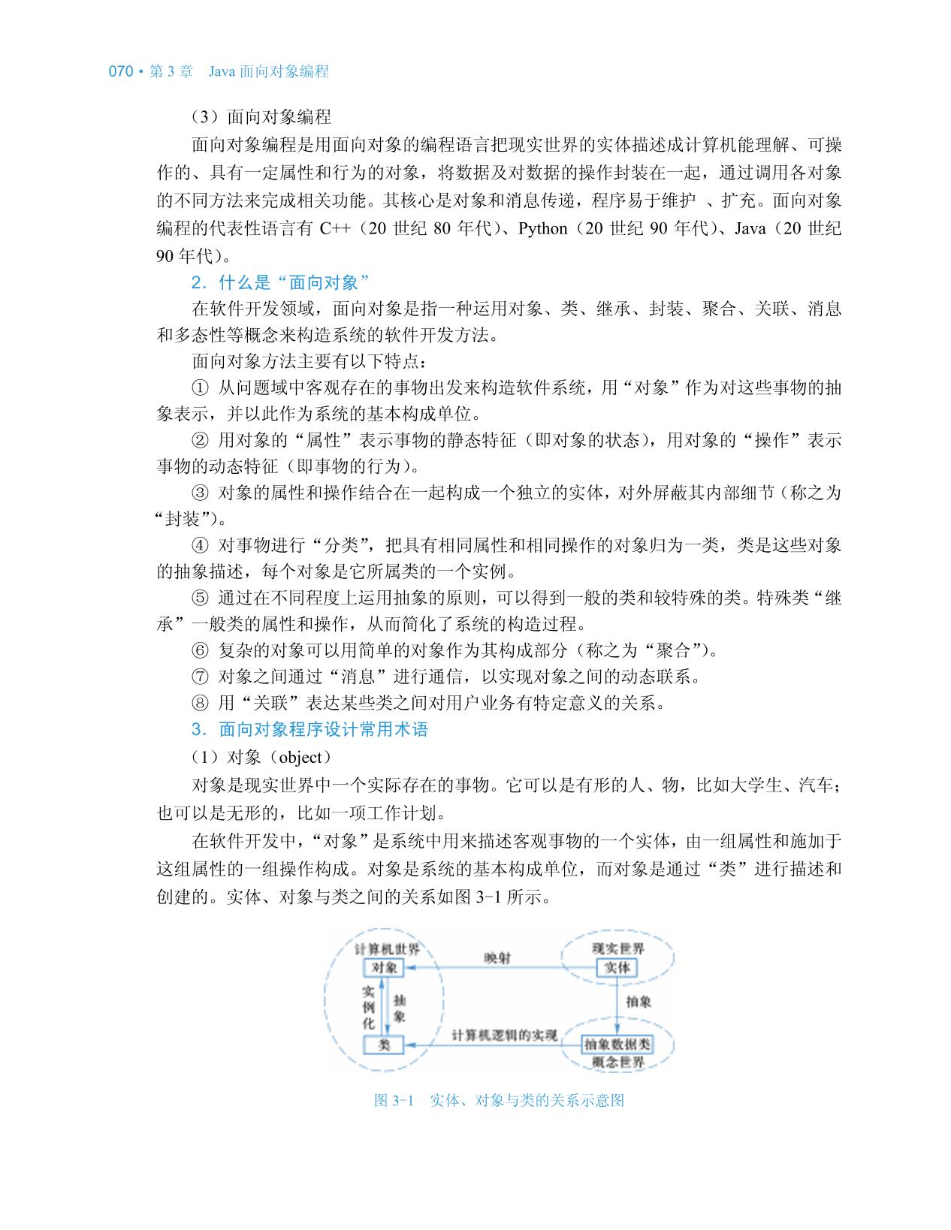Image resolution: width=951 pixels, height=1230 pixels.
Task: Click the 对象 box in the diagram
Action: pyautogui.click(x=383, y=967)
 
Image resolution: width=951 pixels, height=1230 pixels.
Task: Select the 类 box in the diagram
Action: pyautogui.click(x=384, y=1044)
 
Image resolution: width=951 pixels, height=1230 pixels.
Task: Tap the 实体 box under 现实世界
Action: pyautogui.click(x=617, y=967)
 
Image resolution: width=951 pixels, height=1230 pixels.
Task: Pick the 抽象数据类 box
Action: pyautogui.click(x=617, y=1044)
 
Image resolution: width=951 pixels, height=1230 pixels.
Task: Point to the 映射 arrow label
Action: pyautogui.click(x=497, y=958)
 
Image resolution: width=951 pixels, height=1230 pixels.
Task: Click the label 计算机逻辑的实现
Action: pyautogui.click(x=504, y=1036)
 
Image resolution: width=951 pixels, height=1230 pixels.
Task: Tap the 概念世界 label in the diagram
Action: pyautogui.click(x=617, y=1062)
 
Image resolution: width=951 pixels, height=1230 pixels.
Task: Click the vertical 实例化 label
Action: pyautogui.click(x=369, y=1006)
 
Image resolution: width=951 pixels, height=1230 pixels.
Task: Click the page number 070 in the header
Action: pyautogui.click(x=121, y=72)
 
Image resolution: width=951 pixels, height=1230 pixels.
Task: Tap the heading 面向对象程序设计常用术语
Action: pyautogui.click(x=323, y=729)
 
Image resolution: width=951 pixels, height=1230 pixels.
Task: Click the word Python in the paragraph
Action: pyautogui.click(x=542, y=228)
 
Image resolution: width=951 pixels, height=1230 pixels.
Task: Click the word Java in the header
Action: pyautogui.click(x=222, y=72)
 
